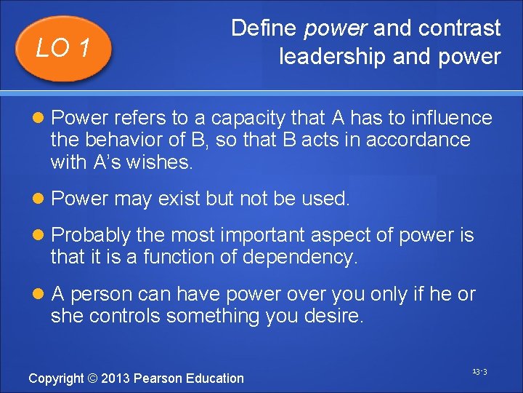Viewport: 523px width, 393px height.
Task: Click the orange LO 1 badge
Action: point(64,48)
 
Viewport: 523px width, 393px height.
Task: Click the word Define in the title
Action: point(264,28)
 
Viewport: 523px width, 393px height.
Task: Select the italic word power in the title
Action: point(336,29)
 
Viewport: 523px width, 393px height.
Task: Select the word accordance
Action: point(418,140)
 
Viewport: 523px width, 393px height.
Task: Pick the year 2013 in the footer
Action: point(117,378)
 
